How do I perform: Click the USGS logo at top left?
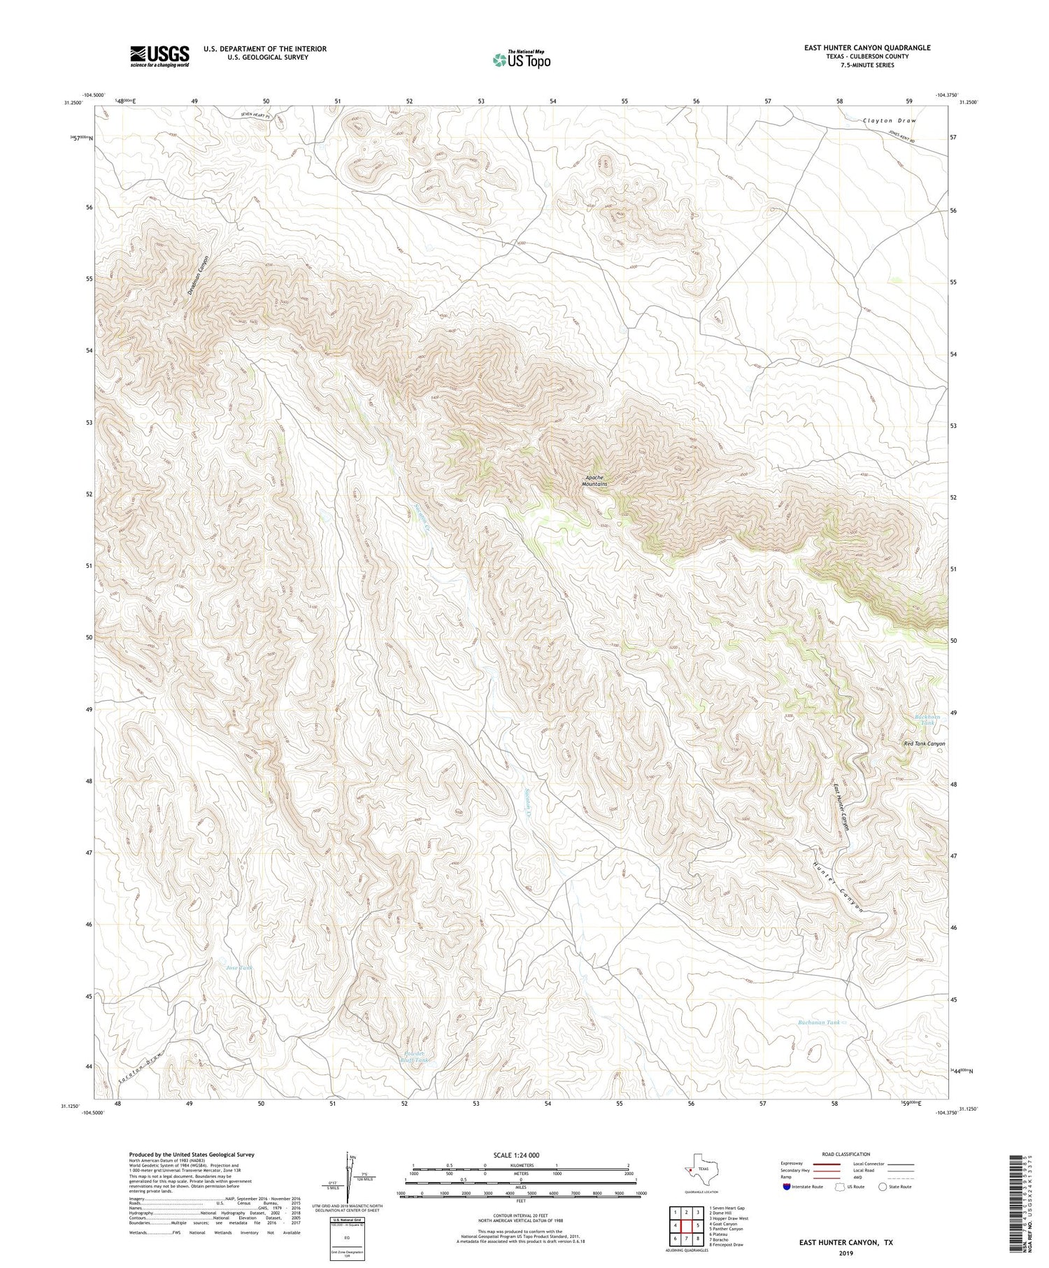pyautogui.click(x=159, y=56)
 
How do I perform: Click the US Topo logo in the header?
pyautogui.click(x=521, y=59)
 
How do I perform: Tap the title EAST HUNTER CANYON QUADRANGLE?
pyautogui.click(x=867, y=48)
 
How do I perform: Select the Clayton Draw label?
pyautogui.click(x=889, y=121)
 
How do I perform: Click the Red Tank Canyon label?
pyautogui.click(x=925, y=743)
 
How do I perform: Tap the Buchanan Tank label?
pyautogui.click(x=819, y=1022)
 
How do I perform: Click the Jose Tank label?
pyautogui.click(x=238, y=968)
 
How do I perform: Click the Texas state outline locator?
pyautogui.click(x=697, y=1169)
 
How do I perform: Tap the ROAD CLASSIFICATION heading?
pyautogui.click(x=846, y=1154)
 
